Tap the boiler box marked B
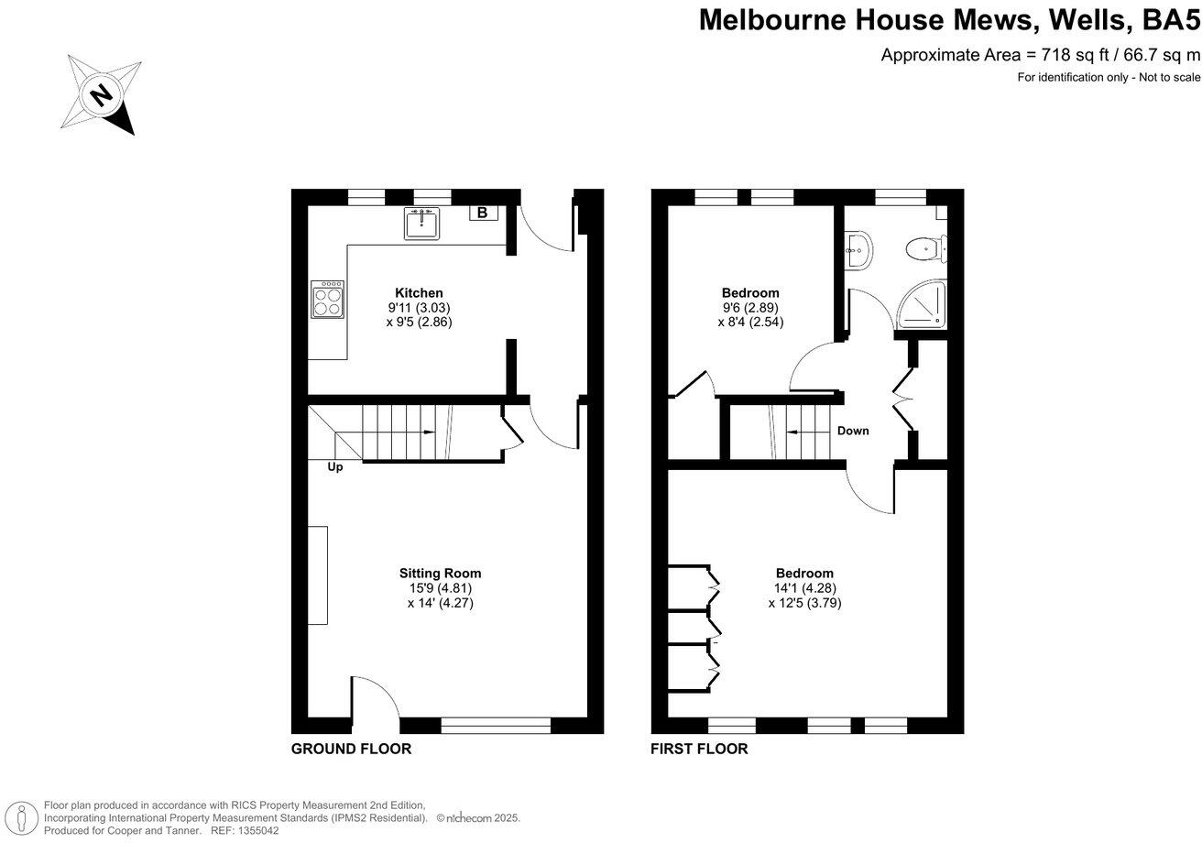tap(483, 213)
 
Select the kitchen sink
tap(421, 223)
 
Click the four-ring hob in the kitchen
tap(327, 298)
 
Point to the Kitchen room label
tap(419, 293)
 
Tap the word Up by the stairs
tap(335, 466)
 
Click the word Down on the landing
tap(853, 431)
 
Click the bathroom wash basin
tap(858, 247)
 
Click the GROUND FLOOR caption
tap(351, 749)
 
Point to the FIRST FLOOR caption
tap(699, 749)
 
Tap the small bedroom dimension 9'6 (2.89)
tap(750, 308)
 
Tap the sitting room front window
tap(496, 726)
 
